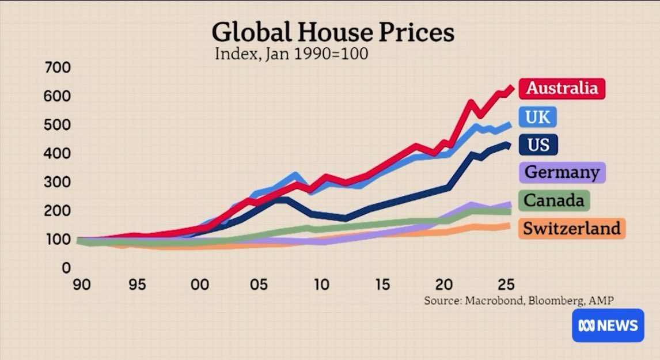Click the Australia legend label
click(562, 88)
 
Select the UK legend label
click(538, 117)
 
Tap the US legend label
click(538, 144)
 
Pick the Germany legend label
click(562, 172)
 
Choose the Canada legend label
click(554, 200)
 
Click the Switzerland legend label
click(572, 228)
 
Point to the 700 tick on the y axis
click(58, 68)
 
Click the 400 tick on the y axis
click(58, 154)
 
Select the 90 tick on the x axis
click(82, 285)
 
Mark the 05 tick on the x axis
click(259, 285)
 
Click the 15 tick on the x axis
click(382, 285)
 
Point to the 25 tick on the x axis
click(504, 285)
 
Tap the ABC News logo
click(607, 325)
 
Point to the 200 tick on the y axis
click(58, 211)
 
